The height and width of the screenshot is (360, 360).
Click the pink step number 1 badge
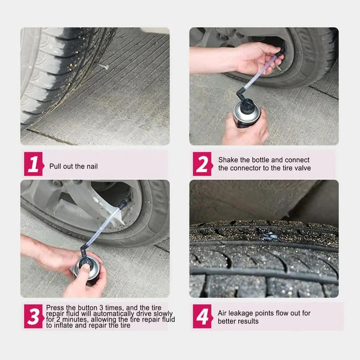tap(34, 164)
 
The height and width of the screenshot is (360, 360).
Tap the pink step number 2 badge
tap(203, 164)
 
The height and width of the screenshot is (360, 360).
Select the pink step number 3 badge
tap(34, 316)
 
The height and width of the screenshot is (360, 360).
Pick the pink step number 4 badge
tap(203, 316)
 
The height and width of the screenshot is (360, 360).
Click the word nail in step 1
tap(92, 166)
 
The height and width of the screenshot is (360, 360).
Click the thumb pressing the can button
tap(85, 268)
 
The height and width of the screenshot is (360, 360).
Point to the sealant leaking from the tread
tap(268, 235)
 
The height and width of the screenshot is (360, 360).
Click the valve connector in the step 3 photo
tap(124, 203)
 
